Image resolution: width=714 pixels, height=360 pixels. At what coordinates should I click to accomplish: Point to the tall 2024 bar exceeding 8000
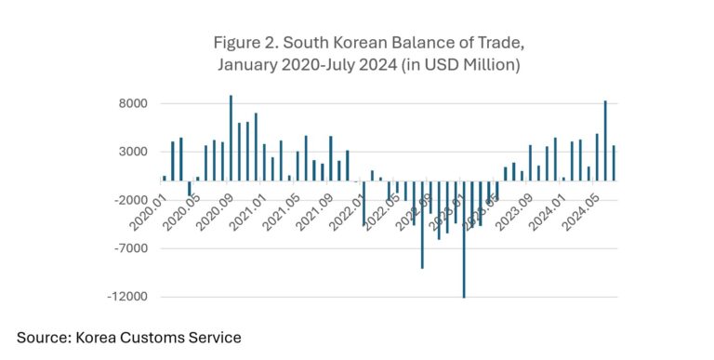[x=605, y=140]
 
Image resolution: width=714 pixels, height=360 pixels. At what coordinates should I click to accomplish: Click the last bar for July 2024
[x=614, y=163]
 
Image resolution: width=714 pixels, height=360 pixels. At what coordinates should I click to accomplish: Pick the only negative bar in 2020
[x=190, y=188]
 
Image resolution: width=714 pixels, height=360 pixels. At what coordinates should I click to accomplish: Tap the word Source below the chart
[x=45, y=338]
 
